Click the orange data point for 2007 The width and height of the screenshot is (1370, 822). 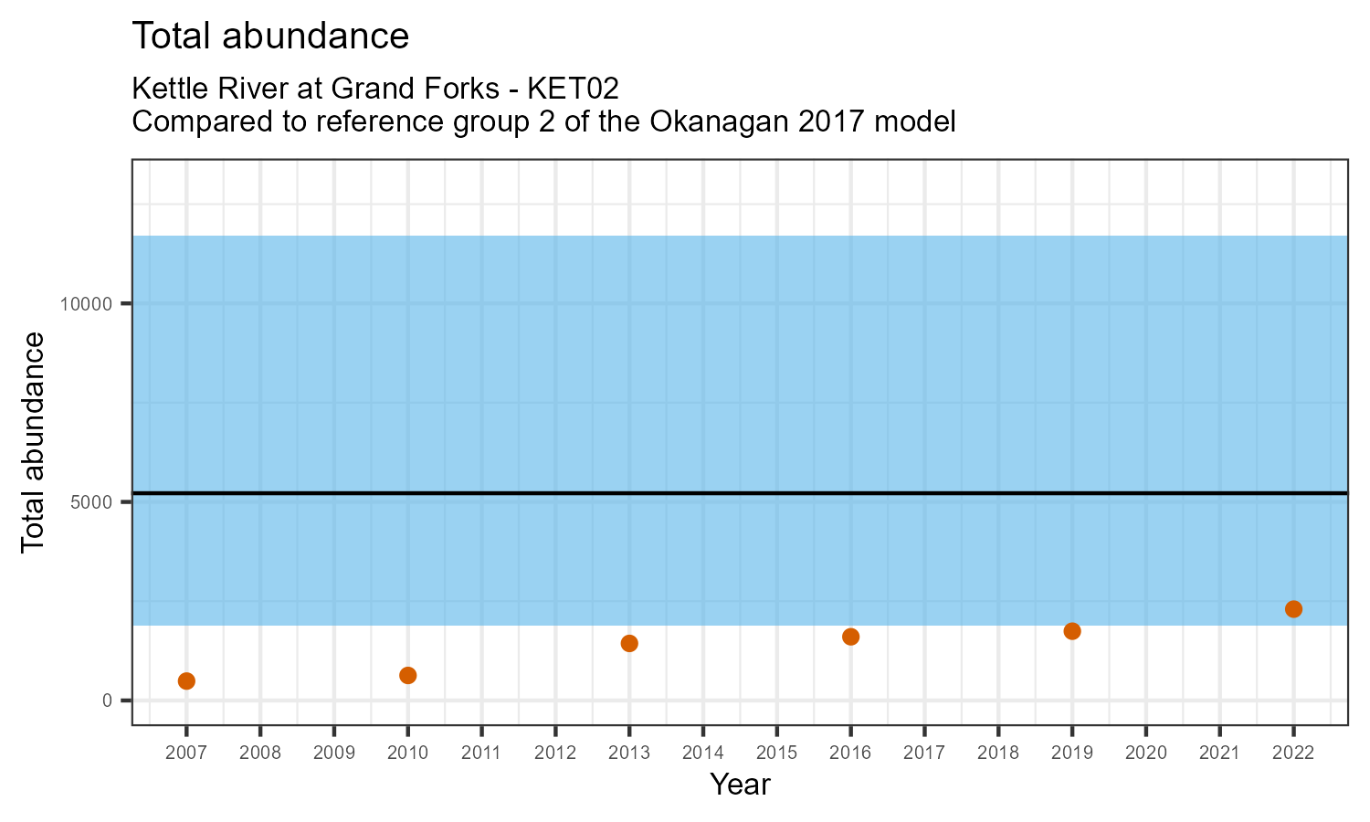186,680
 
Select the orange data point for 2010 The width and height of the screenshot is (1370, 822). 408,675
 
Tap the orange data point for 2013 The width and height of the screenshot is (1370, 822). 629,643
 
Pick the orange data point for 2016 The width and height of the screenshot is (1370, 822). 850,637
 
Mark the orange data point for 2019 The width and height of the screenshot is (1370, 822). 1072,631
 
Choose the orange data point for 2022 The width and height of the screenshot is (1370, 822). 1293,609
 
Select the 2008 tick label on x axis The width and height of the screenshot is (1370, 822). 260,753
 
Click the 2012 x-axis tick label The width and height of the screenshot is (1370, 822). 555,753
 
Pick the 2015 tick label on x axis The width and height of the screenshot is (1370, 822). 776,753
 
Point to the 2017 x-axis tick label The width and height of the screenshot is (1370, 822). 924,753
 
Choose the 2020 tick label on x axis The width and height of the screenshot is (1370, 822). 1145,753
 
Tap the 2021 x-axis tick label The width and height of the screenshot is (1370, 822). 1219,753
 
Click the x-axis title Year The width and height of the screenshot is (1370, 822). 740,785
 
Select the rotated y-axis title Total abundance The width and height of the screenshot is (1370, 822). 33,442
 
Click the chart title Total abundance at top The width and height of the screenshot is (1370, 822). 270,37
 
